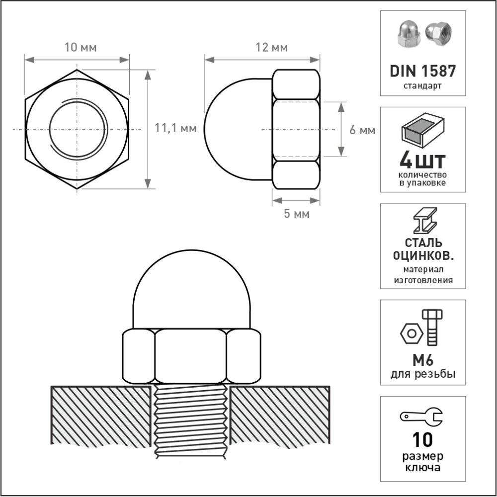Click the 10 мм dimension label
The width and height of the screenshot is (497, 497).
pyautogui.click(x=81, y=48)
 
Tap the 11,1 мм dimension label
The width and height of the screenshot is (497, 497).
pyautogui.click(x=175, y=128)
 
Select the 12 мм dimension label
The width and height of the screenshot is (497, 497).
pyautogui.click(x=272, y=48)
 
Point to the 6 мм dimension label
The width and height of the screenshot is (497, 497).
pyautogui.click(x=362, y=130)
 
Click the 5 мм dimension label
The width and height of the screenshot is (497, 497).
pyautogui.click(x=296, y=214)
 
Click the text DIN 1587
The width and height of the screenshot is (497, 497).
pyautogui.click(x=422, y=71)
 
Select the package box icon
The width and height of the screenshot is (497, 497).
pyautogui.click(x=423, y=130)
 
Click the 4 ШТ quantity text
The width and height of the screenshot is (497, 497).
pyautogui.click(x=422, y=161)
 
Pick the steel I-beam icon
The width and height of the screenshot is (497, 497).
pyautogui.click(x=425, y=221)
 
